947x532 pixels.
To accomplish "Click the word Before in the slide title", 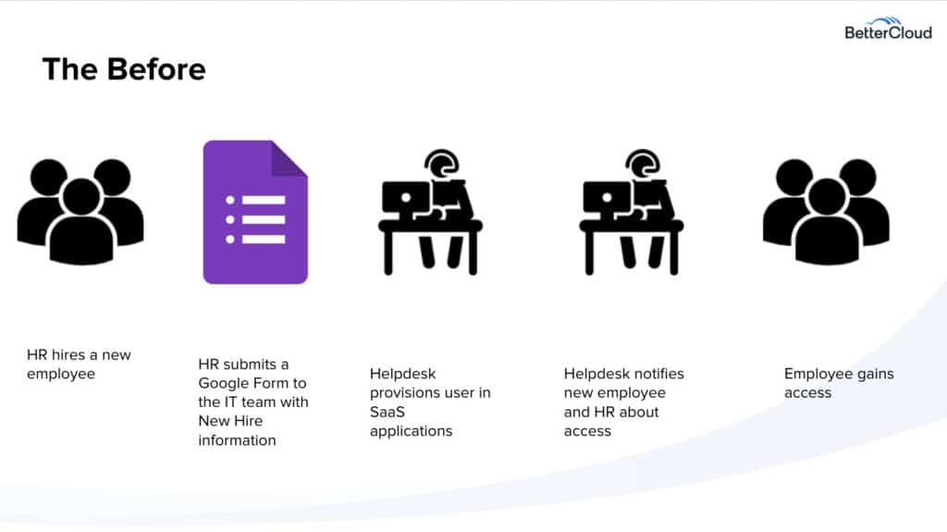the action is [x=156, y=68].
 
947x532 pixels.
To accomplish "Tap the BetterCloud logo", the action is [x=888, y=29].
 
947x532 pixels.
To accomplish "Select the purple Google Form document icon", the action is [x=255, y=212].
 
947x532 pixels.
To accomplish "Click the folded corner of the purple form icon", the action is [x=289, y=158].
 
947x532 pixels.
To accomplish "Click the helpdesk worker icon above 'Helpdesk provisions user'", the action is [x=430, y=212].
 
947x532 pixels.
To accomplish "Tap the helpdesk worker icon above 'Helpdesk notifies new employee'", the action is [x=631, y=212].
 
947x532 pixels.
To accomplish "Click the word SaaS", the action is [x=387, y=412].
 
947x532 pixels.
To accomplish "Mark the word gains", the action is [x=876, y=374].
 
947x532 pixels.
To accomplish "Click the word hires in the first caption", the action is [x=68, y=355].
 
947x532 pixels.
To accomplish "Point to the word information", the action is [x=237, y=440].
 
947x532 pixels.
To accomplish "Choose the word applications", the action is [x=411, y=431].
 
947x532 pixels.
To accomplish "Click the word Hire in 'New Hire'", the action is [x=248, y=421].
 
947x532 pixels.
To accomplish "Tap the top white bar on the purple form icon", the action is [x=264, y=200].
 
